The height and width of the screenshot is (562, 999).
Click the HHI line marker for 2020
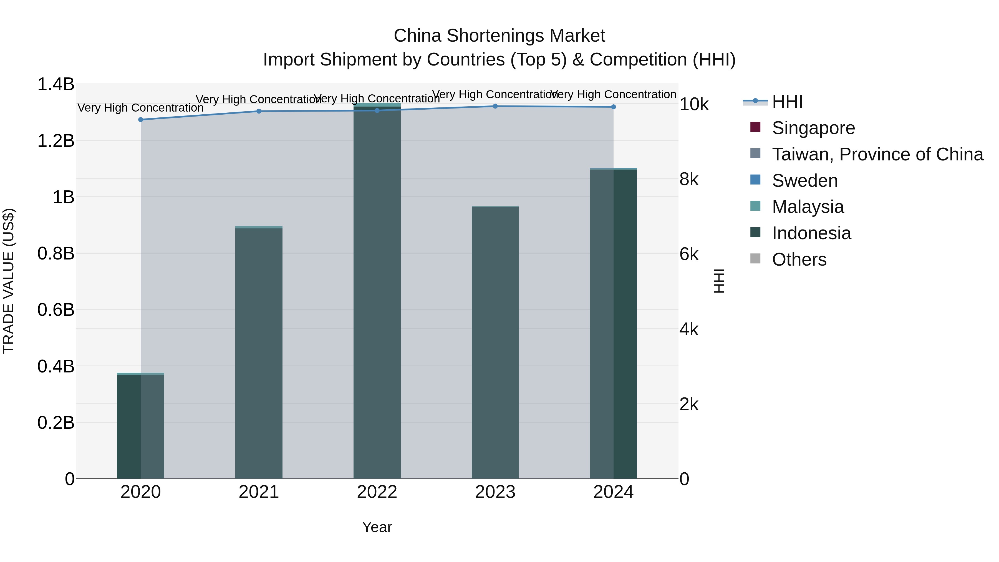pyautogui.click(x=141, y=119)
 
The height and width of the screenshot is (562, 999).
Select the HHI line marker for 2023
pyautogui.click(x=495, y=106)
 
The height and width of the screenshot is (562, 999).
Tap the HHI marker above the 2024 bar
pyautogui.click(x=613, y=107)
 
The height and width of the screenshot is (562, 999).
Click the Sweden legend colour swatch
pyautogui.click(x=755, y=180)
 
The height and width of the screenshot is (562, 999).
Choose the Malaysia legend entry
pyautogui.click(x=808, y=207)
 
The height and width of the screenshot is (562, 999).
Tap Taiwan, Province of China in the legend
pyautogui.click(x=877, y=154)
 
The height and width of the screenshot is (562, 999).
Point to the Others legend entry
pyautogui.click(x=799, y=259)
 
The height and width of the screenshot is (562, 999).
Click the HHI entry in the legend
pyautogui.click(x=787, y=102)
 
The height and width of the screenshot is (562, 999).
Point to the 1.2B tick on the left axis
pyautogui.click(x=56, y=141)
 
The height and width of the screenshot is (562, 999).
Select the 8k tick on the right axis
pyautogui.click(x=689, y=179)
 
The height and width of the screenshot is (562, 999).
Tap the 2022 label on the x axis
pyautogui.click(x=377, y=492)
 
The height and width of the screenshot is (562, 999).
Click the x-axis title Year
pyautogui.click(x=377, y=527)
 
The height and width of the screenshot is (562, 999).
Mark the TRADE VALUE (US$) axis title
pyautogui.click(x=9, y=281)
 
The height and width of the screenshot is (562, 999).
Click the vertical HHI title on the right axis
pyautogui.click(x=719, y=281)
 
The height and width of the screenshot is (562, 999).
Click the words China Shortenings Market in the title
pyautogui.click(x=499, y=36)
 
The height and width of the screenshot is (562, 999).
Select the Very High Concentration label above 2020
pyautogui.click(x=141, y=108)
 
